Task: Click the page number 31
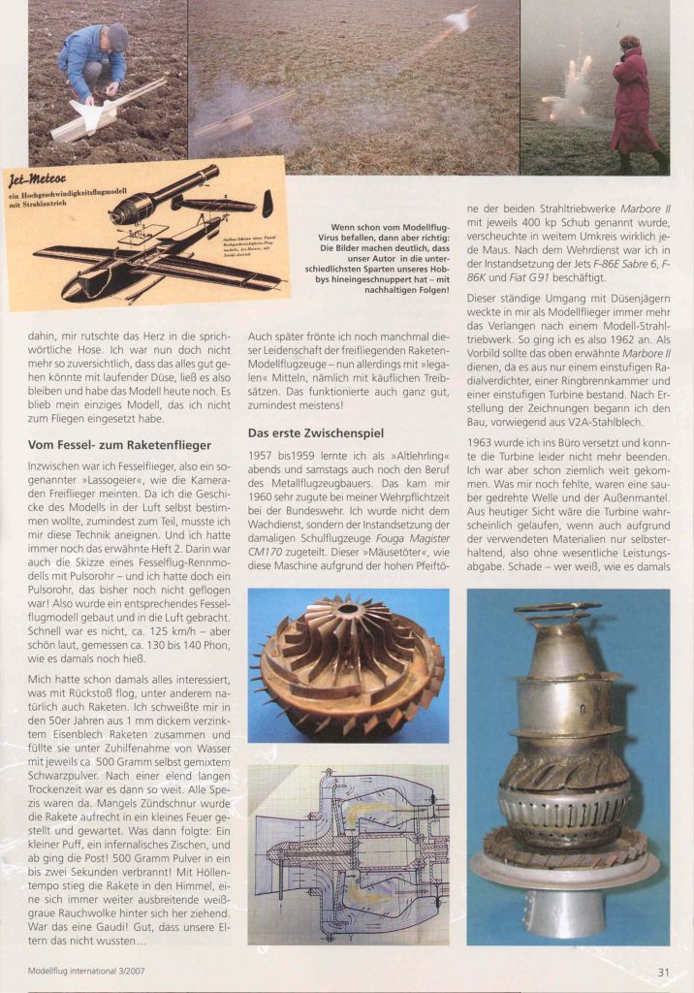tap(663, 971)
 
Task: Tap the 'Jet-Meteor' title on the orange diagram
tap(38, 176)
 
